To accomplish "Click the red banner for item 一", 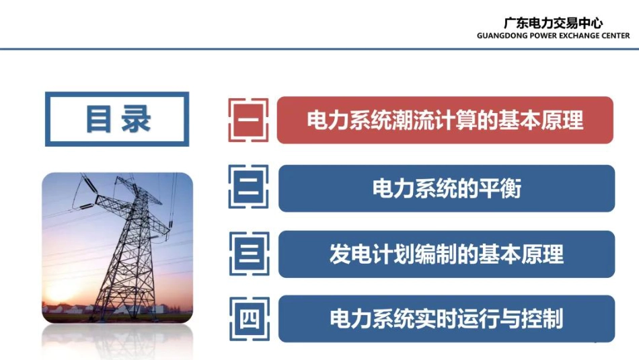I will pyautogui.click(x=445, y=120).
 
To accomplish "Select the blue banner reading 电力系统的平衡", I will pyautogui.click(x=446, y=188).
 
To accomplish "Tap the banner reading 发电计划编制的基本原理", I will pyautogui.click(x=446, y=254).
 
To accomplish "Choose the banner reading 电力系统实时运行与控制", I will pyautogui.click(x=446, y=318).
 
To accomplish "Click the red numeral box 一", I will pyautogui.click(x=248, y=120).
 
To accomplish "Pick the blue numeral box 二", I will pyautogui.click(x=248, y=188).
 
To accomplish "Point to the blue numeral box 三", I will pyautogui.click(x=248, y=254).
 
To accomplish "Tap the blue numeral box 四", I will pyautogui.click(x=248, y=318).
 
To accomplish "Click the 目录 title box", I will pyautogui.click(x=117, y=119).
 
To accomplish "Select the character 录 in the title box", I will pyautogui.click(x=136, y=119).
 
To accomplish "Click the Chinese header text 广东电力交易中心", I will pyautogui.click(x=553, y=24).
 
